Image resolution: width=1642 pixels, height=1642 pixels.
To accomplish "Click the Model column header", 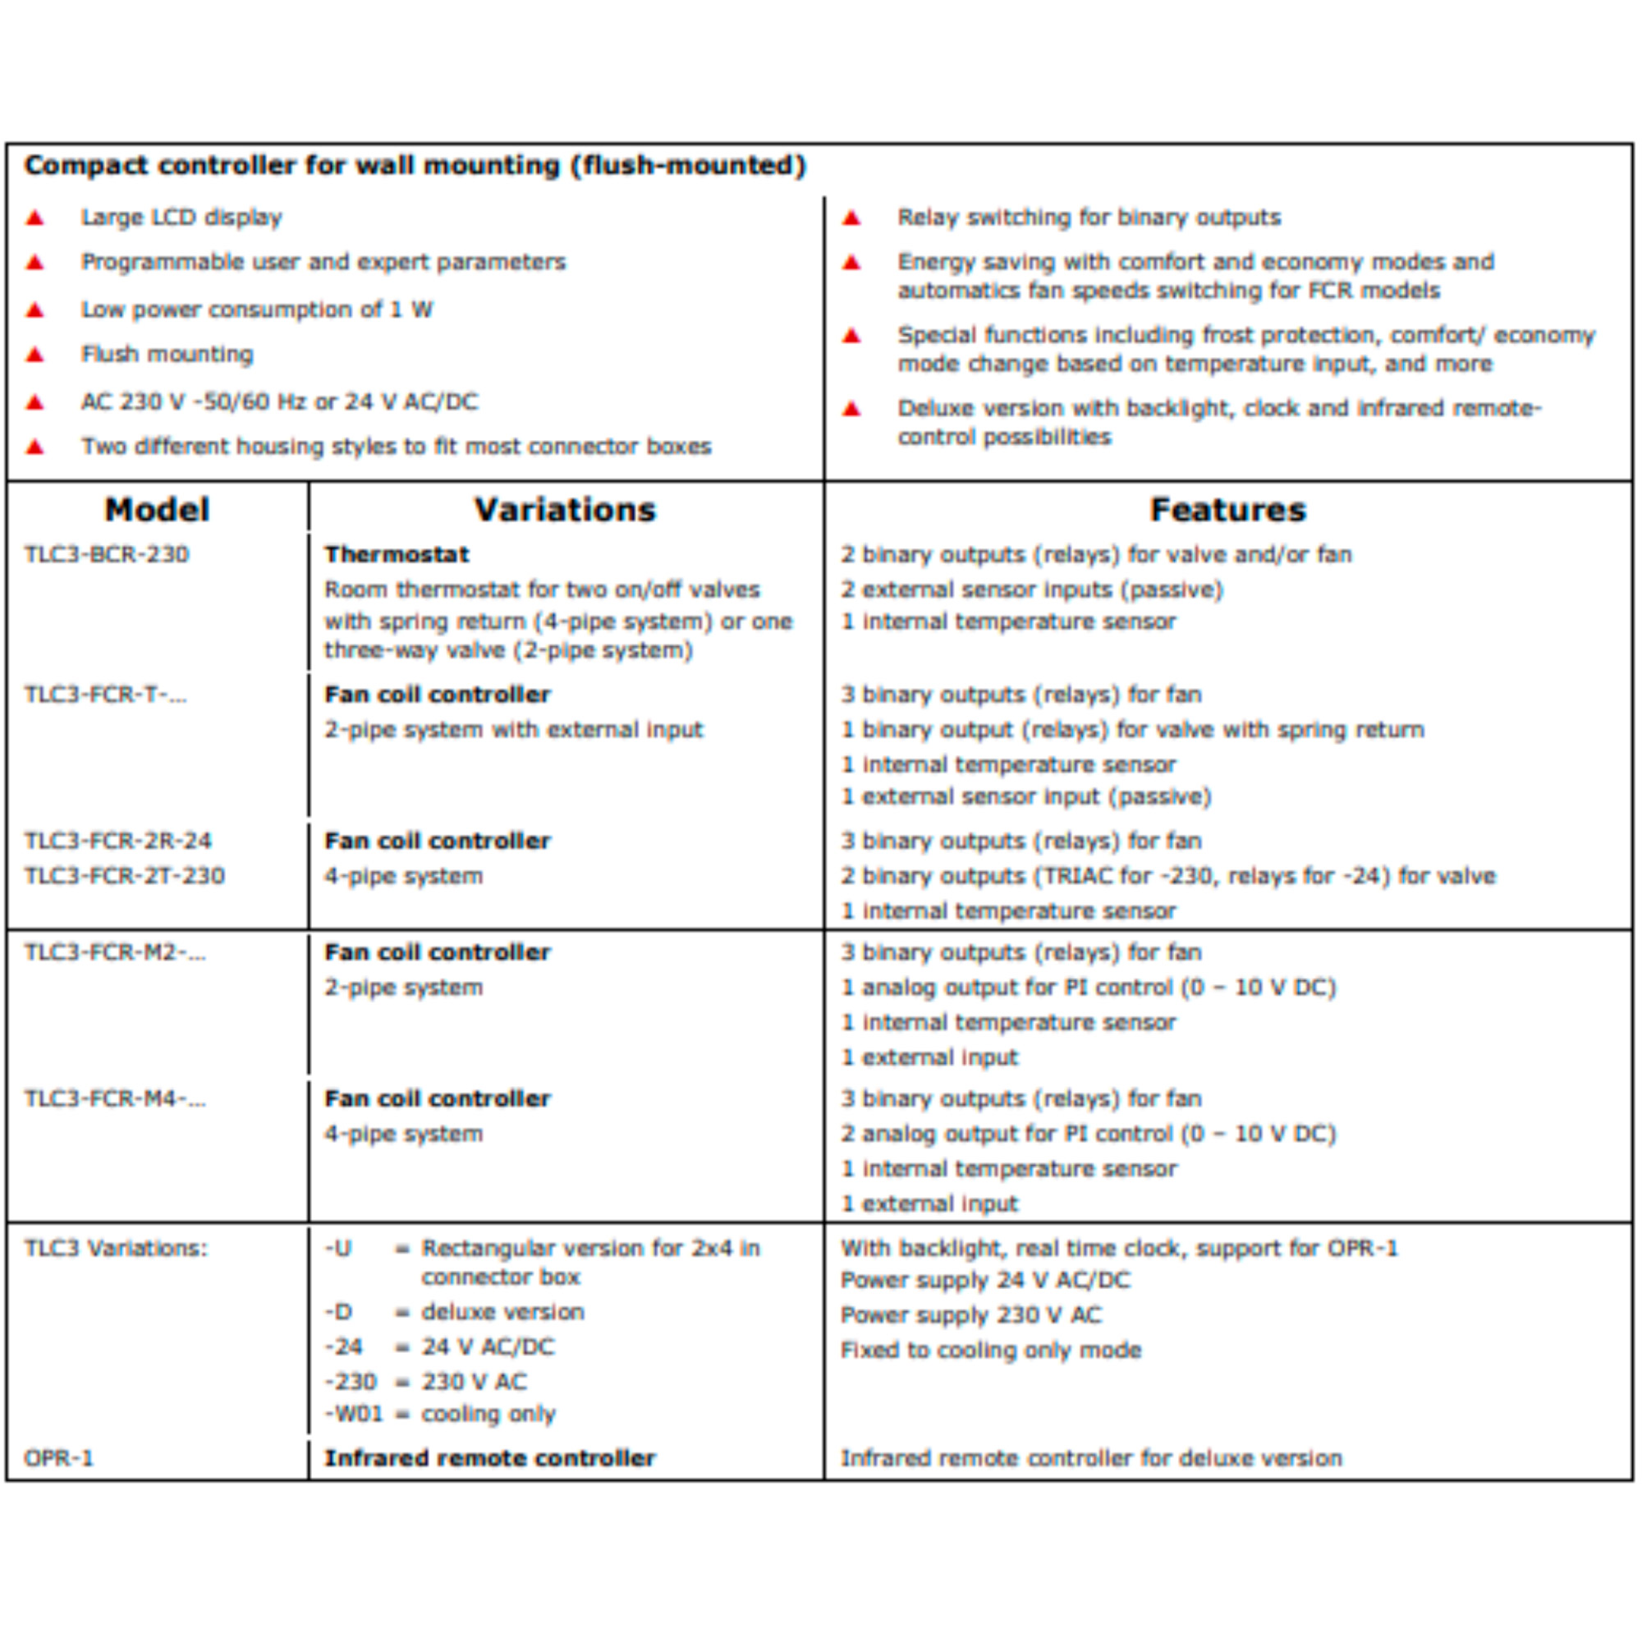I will [158, 510].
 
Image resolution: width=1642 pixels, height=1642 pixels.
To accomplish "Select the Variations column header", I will [565, 510].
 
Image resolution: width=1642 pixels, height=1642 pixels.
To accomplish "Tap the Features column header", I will [1227, 510].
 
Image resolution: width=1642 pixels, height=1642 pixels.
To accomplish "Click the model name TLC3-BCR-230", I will [107, 555].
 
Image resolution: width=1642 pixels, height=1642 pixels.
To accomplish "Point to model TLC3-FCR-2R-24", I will [118, 842].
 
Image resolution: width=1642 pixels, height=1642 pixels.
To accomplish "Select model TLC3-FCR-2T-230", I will [125, 876].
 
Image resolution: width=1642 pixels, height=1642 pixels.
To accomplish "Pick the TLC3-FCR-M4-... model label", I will [116, 1099].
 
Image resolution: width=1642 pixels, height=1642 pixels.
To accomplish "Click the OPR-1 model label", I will [58, 1458].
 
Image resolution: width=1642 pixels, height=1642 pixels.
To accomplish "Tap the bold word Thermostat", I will [397, 555].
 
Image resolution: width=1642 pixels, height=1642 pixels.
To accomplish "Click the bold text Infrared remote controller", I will [490, 1458].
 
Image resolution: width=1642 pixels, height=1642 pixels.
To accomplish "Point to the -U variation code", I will [338, 1249].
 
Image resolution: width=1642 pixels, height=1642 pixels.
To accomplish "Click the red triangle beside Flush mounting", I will [34, 355].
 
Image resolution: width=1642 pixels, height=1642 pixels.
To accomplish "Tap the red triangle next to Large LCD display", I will [34, 218].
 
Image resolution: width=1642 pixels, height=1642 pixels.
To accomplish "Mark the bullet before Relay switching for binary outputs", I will [851, 218].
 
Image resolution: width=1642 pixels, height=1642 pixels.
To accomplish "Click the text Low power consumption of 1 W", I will [257, 310].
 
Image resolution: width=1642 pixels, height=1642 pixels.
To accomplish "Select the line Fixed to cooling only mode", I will [991, 1351].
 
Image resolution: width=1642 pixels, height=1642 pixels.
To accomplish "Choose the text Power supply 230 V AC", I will [971, 1315].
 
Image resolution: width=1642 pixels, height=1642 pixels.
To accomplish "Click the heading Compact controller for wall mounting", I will [415, 165].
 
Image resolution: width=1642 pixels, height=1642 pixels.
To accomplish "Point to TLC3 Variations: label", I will [116, 1249].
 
